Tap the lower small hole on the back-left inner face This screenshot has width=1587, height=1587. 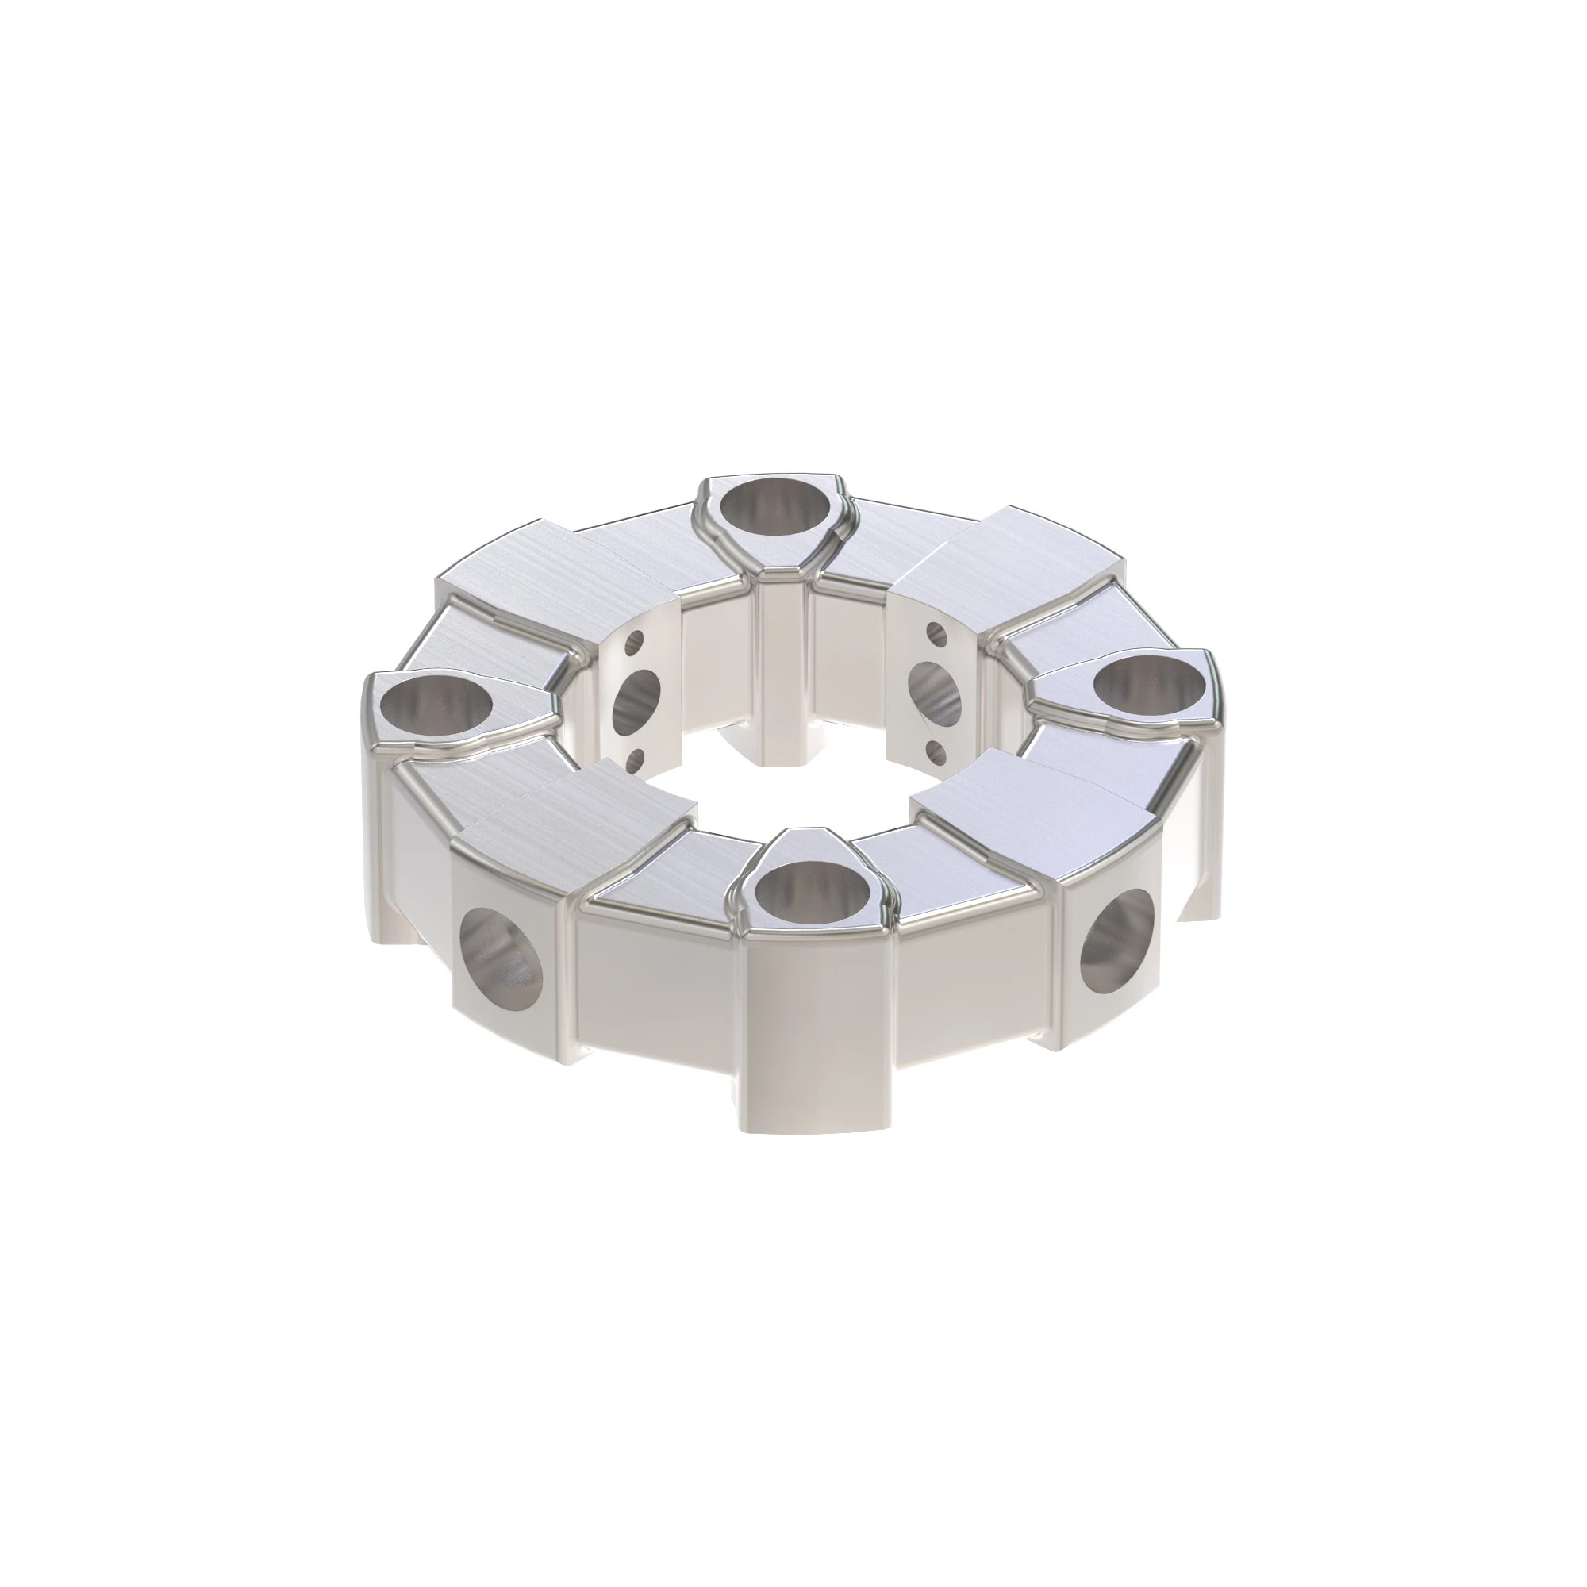coord(634,761)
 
